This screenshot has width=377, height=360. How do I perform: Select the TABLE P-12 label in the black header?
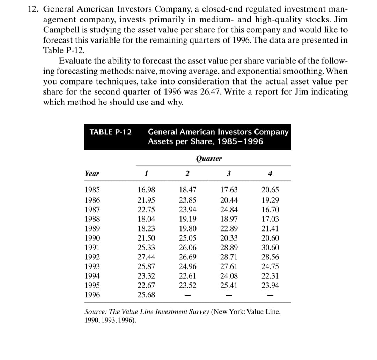point(111,132)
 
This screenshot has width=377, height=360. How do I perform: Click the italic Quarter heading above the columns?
point(209,159)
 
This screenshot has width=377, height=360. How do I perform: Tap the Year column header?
point(92,174)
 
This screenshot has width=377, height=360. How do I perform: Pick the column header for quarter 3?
point(229,174)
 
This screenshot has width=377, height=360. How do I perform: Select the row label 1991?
point(92,248)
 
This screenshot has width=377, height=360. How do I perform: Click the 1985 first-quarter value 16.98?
point(147,190)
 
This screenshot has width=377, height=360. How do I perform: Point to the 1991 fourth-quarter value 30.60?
point(270,248)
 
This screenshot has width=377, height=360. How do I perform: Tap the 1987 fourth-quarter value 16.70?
point(270,210)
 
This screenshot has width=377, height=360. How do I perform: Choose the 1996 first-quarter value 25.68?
point(147,295)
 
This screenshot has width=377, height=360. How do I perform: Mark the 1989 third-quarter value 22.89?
point(229,229)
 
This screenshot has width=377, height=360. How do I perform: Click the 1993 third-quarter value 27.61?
point(229,266)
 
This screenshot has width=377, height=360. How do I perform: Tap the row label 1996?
point(92,295)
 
